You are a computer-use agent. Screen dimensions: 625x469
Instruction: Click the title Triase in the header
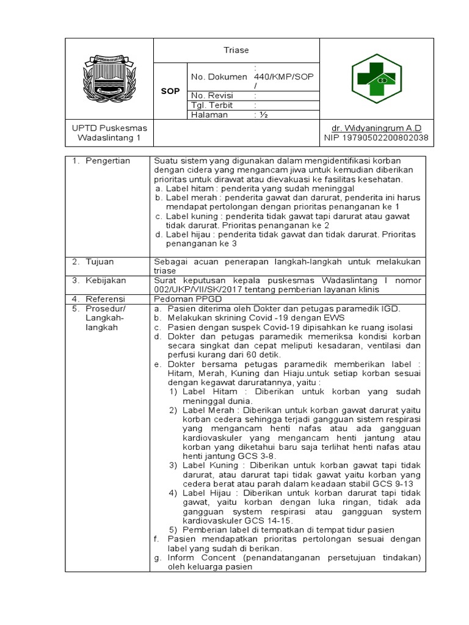(236, 51)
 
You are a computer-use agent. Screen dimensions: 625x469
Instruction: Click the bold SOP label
(170, 91)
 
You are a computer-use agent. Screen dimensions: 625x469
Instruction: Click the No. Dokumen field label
(219, 77)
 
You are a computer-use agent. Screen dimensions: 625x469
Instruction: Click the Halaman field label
(209, 115)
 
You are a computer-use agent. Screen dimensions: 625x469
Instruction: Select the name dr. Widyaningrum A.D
(376, 128)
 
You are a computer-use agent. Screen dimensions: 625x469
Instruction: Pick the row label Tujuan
(100, 261)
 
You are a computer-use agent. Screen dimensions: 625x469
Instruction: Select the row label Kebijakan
(105, 280)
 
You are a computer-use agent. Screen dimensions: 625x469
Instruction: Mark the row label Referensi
(105, 299)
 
